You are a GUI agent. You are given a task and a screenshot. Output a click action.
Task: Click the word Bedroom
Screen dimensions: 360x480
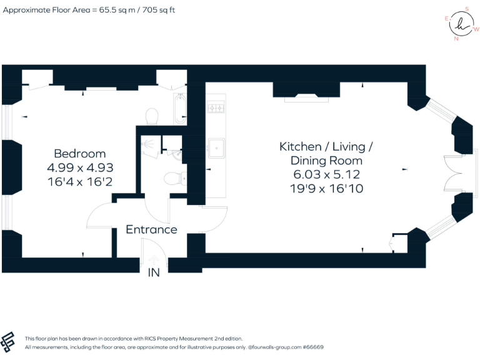click(79, 154)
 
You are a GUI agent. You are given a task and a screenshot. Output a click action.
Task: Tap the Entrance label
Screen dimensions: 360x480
click(151, 229)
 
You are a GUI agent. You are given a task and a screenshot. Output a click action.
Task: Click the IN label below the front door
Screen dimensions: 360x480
click(154, 273)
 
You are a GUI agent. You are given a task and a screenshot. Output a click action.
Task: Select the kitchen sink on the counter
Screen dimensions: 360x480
click(216, 148)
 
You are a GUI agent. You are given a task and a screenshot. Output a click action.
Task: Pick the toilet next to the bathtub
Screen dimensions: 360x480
click(151, 116)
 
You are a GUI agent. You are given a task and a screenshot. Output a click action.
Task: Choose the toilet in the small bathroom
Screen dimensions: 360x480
click(174, 179)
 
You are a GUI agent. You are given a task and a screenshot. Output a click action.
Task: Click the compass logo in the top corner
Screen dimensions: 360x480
click(461, 24)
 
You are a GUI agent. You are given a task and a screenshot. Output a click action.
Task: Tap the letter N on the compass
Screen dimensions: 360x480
click(456, 38)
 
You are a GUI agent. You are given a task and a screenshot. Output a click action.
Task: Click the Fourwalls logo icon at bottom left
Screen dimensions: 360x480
click(9, 342)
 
